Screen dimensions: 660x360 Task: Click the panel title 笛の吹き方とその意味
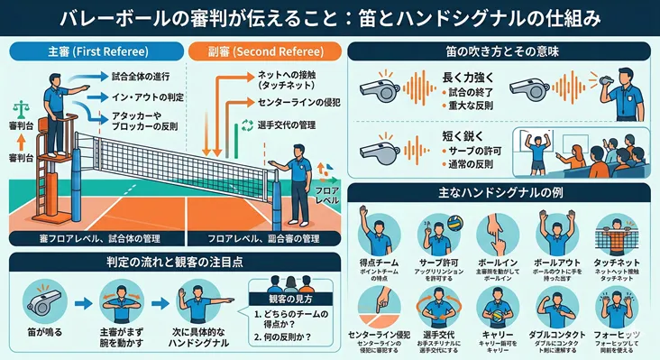501,51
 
